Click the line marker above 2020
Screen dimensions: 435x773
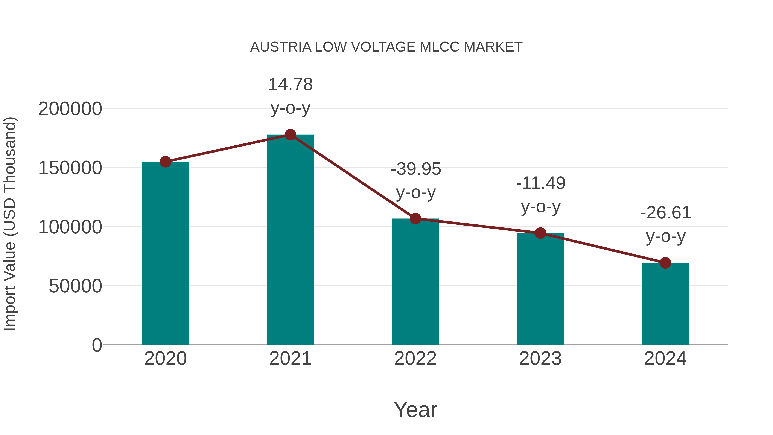click(x=165, y=162)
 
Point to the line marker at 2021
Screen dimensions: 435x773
click(x=290, y=135)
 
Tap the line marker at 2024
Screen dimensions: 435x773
click(x=665, y=263)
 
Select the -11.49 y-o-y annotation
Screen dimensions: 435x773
click(x=540, y=195)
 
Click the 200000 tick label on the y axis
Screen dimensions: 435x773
click(x=70, y=109)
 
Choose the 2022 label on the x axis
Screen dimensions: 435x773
click(x=415, y=359)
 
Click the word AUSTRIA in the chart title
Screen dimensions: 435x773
click(x=281, y=47)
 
